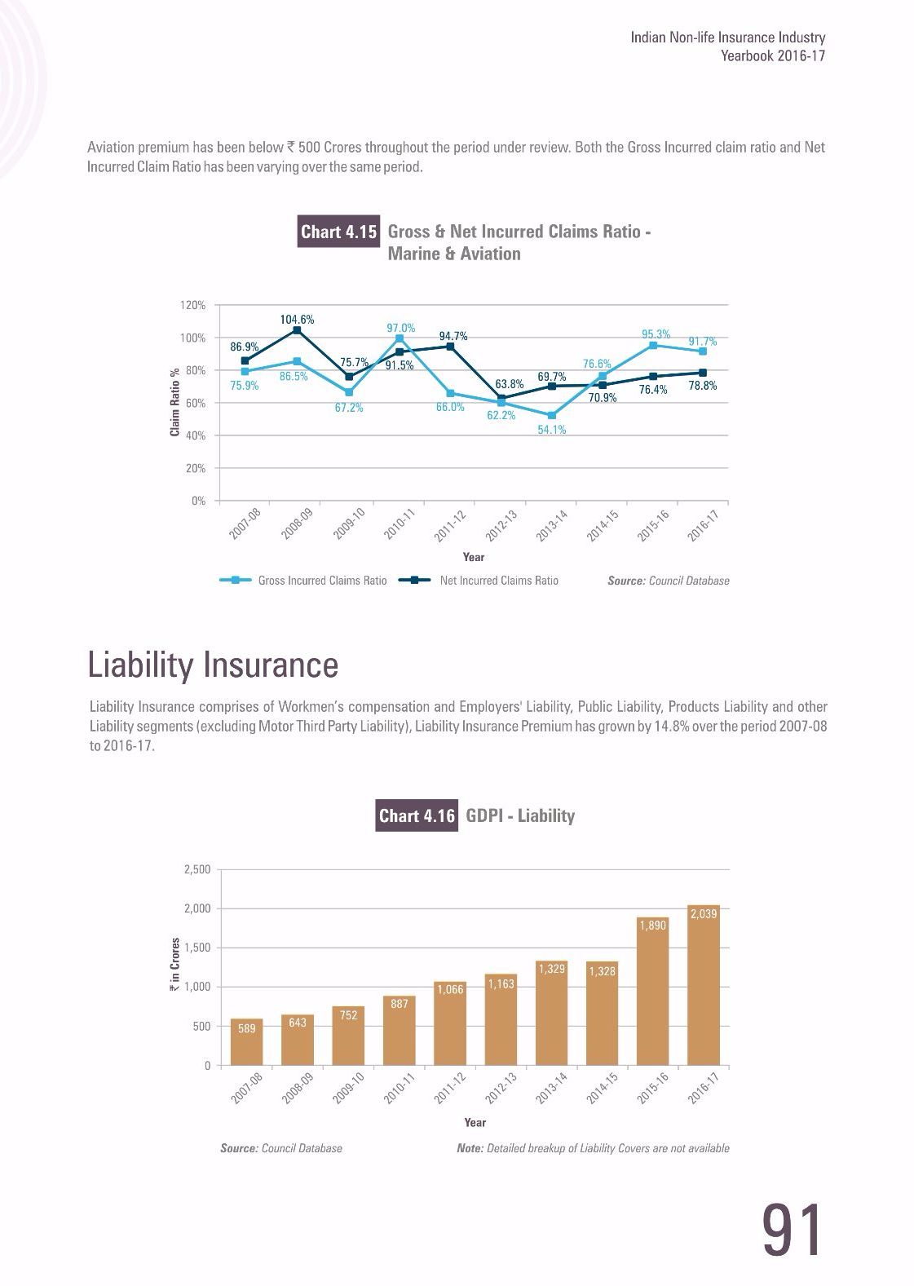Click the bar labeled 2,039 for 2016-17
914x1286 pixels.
704,984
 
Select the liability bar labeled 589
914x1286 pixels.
246,1041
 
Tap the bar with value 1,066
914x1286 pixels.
450,1023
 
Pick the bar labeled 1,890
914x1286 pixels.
653,991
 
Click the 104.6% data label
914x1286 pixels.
297,319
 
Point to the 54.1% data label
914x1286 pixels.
552,430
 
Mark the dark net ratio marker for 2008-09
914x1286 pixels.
297,330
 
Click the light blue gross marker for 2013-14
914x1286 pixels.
552,415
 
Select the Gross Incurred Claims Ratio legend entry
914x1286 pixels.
303,581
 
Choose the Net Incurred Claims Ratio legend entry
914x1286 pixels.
479,581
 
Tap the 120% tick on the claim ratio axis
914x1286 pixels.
193,305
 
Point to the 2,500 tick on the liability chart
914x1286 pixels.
197,869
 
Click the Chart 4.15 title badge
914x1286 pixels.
338,232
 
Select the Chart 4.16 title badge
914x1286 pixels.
417,815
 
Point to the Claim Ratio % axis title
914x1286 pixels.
174,402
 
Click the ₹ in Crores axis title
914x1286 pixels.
174,965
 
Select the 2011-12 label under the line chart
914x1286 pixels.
449,525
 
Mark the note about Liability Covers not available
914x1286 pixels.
593,1148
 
